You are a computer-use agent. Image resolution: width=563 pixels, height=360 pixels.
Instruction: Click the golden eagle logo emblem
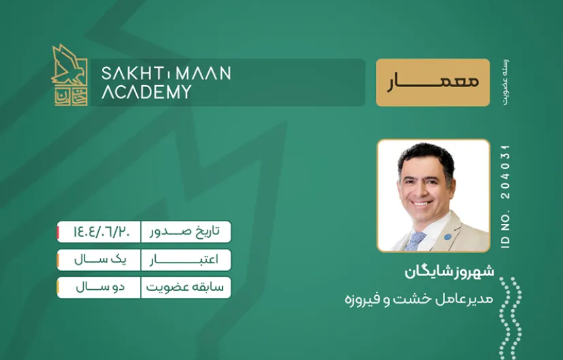tap(69, 75)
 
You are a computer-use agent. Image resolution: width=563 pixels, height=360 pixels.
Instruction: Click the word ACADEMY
tap(146, 92)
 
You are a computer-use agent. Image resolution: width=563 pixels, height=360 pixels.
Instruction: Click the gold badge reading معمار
tap(433, 82)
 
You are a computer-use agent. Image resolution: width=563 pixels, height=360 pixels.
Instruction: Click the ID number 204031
tap(505, 171)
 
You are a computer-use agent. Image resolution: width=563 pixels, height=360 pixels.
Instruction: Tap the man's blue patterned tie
tap(416, 240)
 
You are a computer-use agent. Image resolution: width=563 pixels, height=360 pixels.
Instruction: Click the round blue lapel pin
tap(447, 237)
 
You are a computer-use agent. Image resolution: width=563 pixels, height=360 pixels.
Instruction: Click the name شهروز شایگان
tap(449, 272)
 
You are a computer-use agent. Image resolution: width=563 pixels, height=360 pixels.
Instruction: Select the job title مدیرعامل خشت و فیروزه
tap(419, 299)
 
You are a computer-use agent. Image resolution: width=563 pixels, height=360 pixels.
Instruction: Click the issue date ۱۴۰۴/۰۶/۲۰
tap(102, 232)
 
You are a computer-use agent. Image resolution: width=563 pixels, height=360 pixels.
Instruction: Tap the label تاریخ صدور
tap(185, 232)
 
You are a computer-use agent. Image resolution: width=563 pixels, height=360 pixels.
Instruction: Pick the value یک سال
tap(101, 259)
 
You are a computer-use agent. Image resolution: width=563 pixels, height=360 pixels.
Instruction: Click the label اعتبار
tap(184, 260)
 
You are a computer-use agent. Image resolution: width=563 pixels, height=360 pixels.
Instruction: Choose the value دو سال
tap(101, 287)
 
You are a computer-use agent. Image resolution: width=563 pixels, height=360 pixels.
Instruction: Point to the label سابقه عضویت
tap(185, 287)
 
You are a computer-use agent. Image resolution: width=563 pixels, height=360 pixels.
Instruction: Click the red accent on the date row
tap(58, 232)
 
